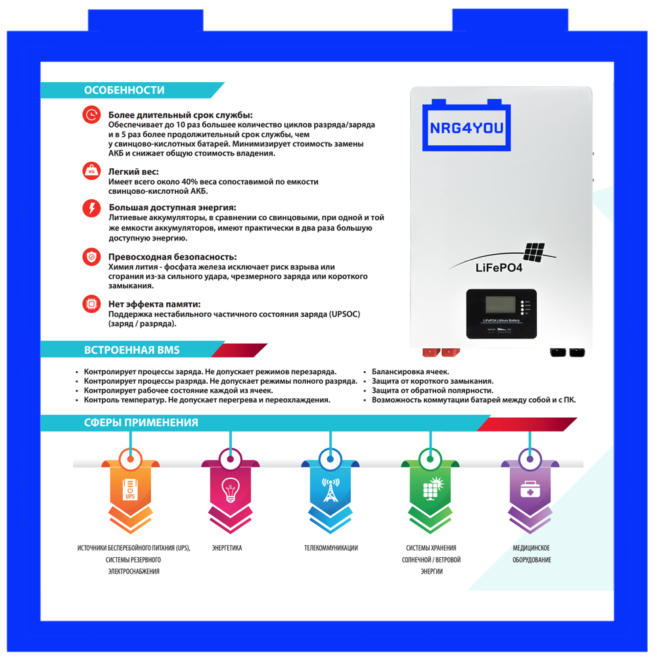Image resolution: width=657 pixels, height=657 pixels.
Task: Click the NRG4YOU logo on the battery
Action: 466,127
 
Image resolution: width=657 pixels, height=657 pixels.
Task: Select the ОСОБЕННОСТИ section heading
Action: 124,91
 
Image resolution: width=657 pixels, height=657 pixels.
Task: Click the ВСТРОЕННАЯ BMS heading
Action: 131,350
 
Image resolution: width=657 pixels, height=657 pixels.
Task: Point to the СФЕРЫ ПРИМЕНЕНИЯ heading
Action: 141,422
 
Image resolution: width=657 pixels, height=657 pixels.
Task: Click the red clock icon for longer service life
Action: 91,115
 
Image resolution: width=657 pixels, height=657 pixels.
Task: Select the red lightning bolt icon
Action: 91,208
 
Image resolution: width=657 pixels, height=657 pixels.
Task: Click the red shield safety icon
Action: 91,257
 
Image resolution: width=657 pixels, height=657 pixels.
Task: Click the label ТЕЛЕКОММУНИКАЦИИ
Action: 331,548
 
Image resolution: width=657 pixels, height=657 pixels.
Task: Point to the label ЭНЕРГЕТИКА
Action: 227,548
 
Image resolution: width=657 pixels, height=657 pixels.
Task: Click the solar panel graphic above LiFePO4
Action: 534,251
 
